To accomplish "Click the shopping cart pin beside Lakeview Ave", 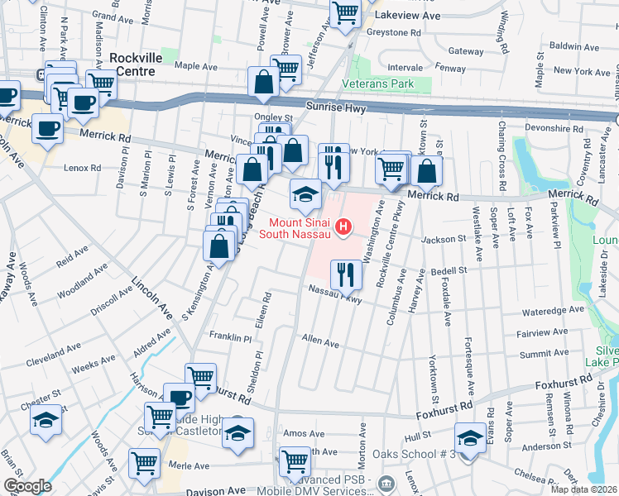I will point(345,13).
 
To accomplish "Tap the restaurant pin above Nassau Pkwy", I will point(345,273).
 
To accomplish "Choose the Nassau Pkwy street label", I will point(335,294).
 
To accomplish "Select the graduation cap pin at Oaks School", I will point(470,437).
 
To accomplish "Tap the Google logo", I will point(28,486).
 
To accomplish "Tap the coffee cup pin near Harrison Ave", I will point(179,398).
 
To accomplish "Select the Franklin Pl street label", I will point(229,338).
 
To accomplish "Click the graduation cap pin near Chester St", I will point(46,421).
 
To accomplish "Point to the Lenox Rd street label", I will point(82,167).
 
